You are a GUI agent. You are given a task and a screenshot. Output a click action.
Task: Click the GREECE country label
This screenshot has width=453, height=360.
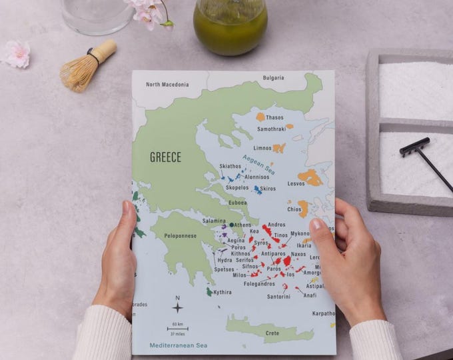[x=165, y=157]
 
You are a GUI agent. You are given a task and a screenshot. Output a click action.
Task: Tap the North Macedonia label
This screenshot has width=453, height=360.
[x=167, y=85]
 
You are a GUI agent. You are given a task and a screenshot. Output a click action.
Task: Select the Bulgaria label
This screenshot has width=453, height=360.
[x=273, y=78]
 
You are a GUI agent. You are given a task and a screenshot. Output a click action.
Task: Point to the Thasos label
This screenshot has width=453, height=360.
[x=274, y=118]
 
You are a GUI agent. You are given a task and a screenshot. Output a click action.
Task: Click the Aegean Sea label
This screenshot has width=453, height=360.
[x=258, y=165]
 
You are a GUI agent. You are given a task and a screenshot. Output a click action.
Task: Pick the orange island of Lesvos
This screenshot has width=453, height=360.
[x=310, y=177]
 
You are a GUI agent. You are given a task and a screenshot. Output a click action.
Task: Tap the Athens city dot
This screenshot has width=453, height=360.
[x=231, y=225]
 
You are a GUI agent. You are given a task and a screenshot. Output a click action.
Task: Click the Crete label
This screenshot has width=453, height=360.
[x=272, y=333]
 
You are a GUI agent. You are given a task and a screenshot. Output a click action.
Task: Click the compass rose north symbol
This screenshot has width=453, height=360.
[x=178, y=307]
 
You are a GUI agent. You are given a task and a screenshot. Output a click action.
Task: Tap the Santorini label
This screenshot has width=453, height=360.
[x=278, y=297]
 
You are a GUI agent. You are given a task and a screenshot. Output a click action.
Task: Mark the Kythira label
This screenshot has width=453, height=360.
[x=223, y=292]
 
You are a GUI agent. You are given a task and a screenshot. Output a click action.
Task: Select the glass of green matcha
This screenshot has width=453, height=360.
[x=230, y=29]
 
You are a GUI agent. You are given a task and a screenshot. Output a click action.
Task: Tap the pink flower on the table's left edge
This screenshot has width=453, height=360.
[x=17, y=54]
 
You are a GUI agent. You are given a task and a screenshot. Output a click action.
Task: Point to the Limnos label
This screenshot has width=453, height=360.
[x=262, y=148]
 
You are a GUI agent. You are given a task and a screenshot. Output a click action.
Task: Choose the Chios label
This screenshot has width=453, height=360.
[x=294, y=209]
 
